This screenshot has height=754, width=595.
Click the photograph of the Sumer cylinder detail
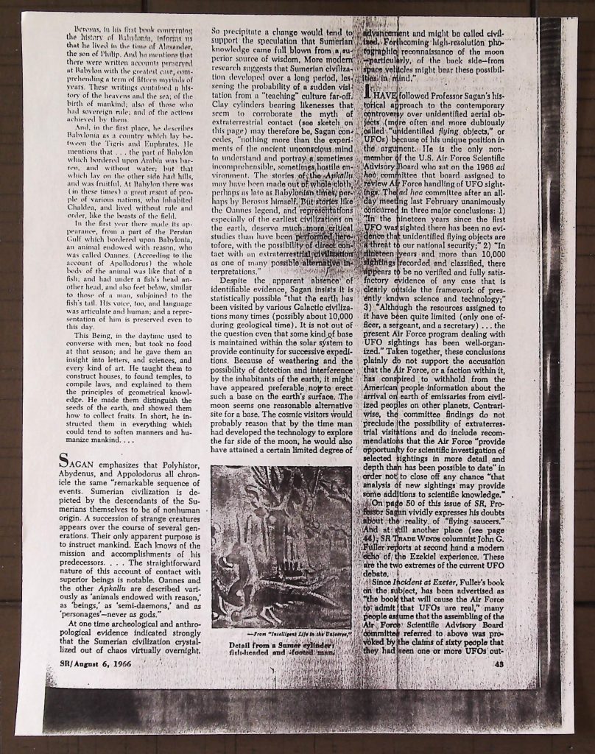coord(281,546)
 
